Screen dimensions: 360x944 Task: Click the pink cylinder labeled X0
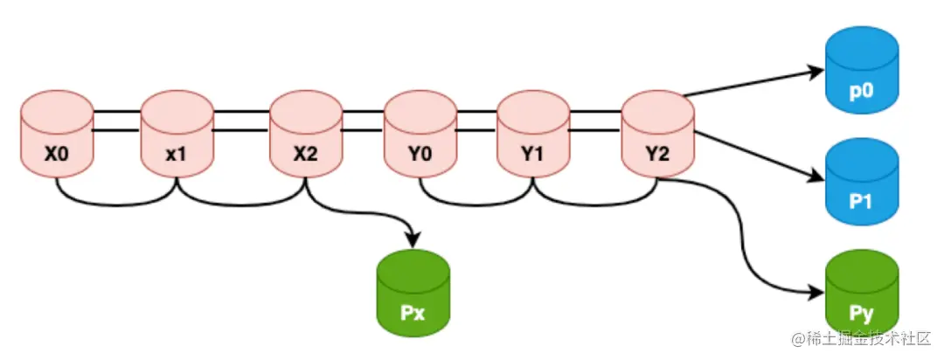[x=57, y=136]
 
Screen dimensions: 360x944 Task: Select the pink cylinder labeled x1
[x=177, y=136]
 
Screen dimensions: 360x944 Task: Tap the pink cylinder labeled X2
[x=305, y=136]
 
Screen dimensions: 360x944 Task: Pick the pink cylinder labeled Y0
[x=420, y=136]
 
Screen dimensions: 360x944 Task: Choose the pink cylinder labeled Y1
[x=532, y=136]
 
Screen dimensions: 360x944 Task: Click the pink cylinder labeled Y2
[x=657, y=136]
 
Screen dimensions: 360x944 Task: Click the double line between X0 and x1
[x=117, y=121]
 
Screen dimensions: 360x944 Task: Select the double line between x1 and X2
[x=241, y=121]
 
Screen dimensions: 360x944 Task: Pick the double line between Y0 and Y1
[x=475, y=121]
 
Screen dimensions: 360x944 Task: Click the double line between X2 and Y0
[x=362, y=121]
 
